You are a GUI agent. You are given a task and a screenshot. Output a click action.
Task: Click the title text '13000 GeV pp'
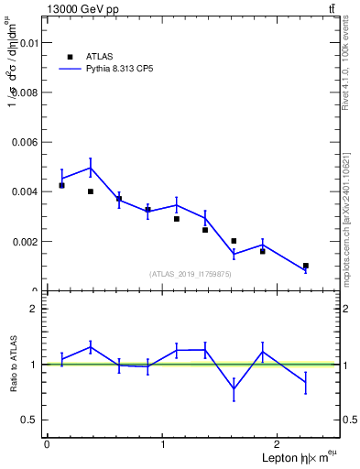(82, 9)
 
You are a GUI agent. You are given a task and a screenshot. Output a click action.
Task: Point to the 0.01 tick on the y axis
(27, 43)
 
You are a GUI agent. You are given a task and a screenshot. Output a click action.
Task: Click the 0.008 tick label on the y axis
(25, 93)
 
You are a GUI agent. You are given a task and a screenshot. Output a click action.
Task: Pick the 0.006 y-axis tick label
(25, 142)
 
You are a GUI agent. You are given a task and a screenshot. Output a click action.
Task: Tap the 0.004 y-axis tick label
(25, 191)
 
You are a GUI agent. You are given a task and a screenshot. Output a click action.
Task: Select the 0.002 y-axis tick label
(25, 241)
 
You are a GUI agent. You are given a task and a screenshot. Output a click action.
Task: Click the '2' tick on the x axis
(280, 443)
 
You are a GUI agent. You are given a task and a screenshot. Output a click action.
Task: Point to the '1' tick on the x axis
(163, 443)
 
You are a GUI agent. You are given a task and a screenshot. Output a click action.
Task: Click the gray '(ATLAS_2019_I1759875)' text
(191, 274)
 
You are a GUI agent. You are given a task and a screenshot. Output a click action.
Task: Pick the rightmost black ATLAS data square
(306, 266)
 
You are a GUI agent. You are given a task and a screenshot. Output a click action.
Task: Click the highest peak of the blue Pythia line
(91, 168)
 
